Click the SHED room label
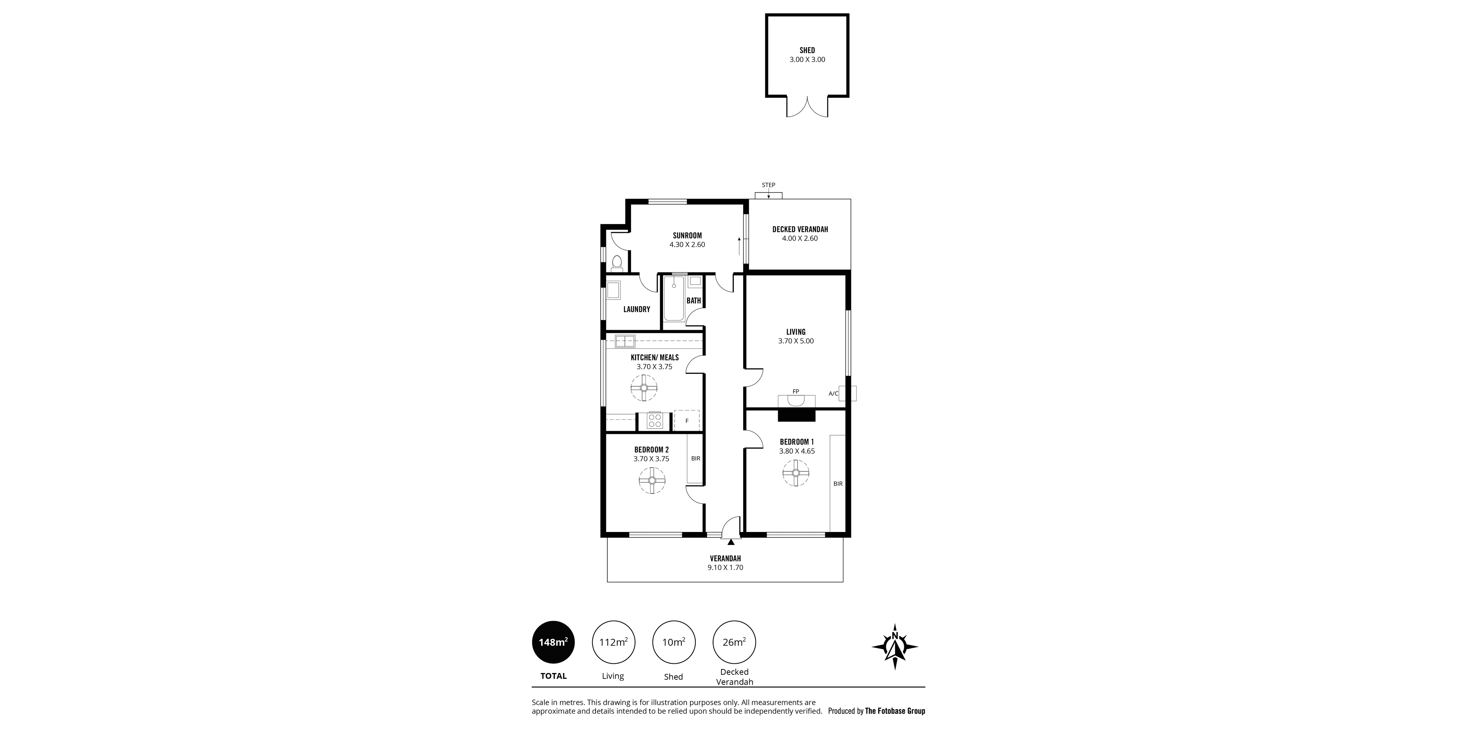[807, 50]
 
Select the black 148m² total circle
[553, 642]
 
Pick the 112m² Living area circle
[613, 642]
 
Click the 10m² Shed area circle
[674, 642]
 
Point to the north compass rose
[895, 646]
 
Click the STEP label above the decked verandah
[768, 185]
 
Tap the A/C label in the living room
[833, 393]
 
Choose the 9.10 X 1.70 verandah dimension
[725, 567]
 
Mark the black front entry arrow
[731, 542]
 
